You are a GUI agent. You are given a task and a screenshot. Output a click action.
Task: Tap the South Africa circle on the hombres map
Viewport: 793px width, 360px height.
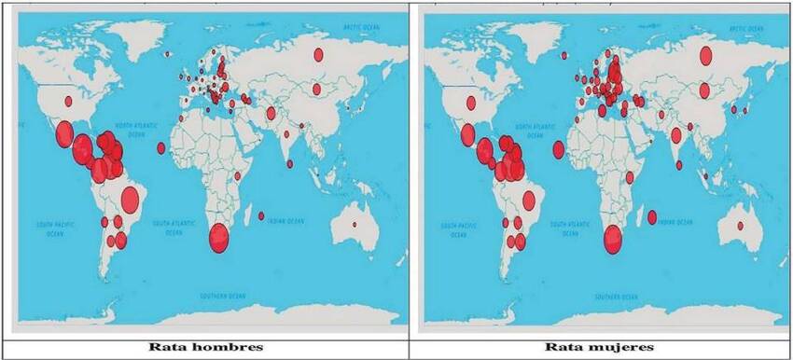[220, 238]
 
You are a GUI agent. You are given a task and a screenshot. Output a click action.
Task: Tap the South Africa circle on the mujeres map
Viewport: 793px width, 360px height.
[613, 240]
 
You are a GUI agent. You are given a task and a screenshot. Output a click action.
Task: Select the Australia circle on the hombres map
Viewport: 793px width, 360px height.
[355, 225]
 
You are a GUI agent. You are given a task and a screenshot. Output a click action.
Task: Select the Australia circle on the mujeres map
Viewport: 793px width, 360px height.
[740, 226]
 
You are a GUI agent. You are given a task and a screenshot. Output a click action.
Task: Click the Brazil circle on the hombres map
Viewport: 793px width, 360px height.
[130, 198]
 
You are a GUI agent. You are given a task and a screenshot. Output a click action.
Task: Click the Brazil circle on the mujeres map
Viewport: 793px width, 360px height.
[529, 200]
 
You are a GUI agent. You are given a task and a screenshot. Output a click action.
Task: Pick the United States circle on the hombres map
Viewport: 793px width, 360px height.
[67, 101]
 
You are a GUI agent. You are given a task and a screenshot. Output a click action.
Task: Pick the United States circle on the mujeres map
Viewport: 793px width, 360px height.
[472, 102]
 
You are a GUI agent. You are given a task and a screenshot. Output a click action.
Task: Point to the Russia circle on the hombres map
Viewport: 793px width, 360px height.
[318, 55]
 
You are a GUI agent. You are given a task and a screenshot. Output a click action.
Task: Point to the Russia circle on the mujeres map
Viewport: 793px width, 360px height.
[706, 56]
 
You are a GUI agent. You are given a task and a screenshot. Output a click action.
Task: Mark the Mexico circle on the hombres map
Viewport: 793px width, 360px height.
[64, 135]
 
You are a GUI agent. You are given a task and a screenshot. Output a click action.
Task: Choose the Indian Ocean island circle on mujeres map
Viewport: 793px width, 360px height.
[652, 217]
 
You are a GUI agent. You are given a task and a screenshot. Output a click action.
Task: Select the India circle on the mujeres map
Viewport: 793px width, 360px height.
[676, 136]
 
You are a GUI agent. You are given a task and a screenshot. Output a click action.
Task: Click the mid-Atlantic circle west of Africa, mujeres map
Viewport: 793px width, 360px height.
[558, 149]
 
